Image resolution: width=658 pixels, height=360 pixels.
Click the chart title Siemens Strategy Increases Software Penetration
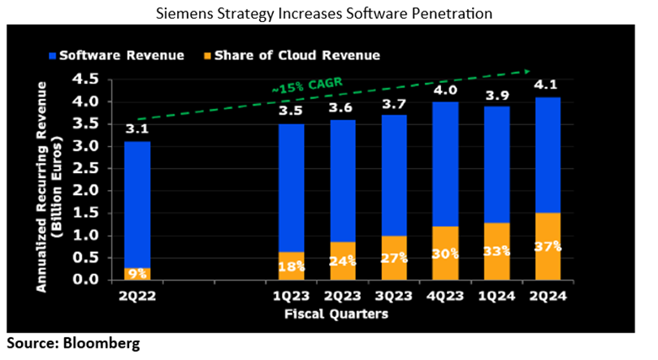pyautogui.click(x=328, y=14)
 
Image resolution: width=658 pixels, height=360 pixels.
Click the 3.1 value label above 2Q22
pyautogui.click(x=136, y=128)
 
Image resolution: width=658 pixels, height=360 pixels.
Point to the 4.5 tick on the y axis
pyautogui.click(x=86, y=80)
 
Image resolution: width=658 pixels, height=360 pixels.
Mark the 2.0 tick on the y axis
pyautogui.click(x=86, y=191)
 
